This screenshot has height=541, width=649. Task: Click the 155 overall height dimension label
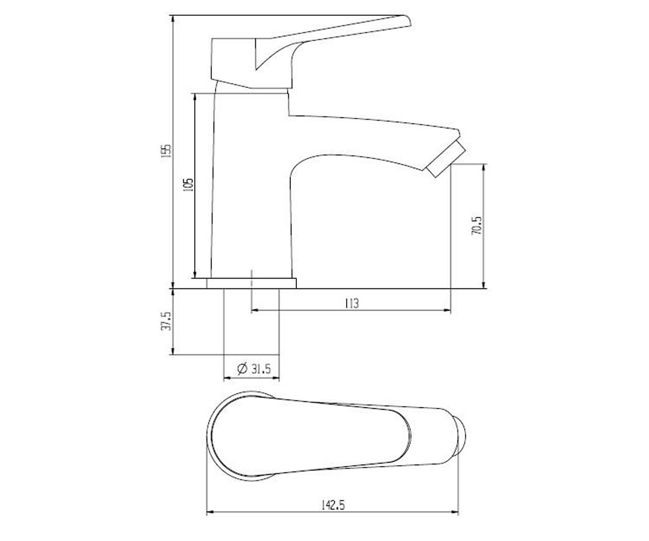click(167, 150)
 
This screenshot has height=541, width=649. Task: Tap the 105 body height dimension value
click(188, 184)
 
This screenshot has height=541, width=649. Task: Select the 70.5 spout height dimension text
click(476, 226)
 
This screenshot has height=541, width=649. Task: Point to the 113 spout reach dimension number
click(352, 303)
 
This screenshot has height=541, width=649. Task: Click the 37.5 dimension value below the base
click(167, 321)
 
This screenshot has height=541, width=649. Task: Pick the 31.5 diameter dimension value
click(261, 369)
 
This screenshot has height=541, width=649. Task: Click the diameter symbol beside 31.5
click(242, 369)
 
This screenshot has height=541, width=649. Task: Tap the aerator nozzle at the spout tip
click(446, 159)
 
